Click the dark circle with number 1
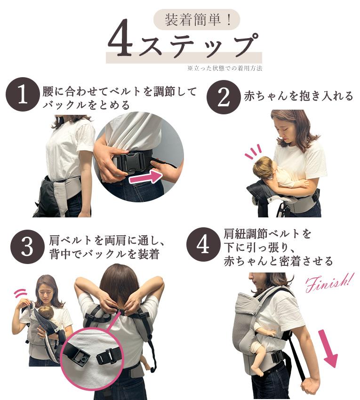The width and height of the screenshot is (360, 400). click(x=23, y=95)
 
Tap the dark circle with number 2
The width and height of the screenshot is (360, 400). click(x=224, y=97)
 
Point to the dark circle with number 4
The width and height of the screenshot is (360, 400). click(x=203, y=245)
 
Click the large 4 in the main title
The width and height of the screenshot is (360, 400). click(x=120, y=38)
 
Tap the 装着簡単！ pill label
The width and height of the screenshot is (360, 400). click(x=197, y=20)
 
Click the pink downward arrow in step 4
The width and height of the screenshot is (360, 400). click(x=328, y=348)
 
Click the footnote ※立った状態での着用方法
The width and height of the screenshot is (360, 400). click(x=224, y=68)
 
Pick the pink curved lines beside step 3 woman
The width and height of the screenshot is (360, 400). click(x=20, y=294)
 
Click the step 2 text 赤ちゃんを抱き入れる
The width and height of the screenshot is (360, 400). click(x=298, y=96)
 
